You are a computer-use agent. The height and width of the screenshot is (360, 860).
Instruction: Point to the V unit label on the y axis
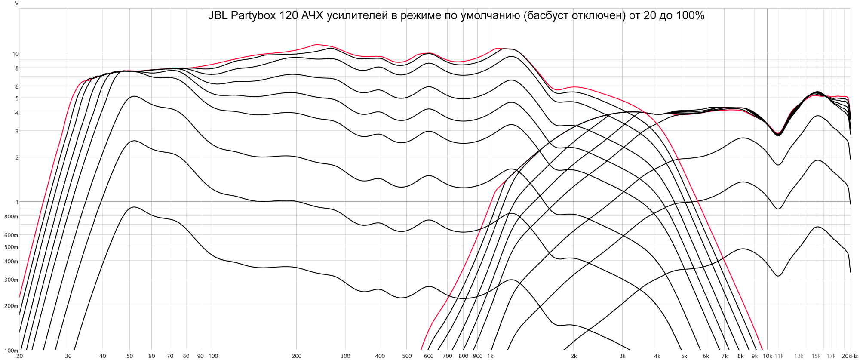click(17, 3)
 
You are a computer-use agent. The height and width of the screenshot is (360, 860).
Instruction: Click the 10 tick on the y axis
click(15, 54)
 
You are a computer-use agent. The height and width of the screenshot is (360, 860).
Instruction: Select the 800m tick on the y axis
click(12, 217)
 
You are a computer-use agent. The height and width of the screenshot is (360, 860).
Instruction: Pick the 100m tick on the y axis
click(12, 351)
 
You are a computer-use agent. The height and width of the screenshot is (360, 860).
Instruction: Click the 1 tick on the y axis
click(17, 202)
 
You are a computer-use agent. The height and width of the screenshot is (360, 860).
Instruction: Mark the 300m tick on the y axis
click(12, 280)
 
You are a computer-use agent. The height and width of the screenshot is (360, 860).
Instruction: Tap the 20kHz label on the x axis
click(850, 356)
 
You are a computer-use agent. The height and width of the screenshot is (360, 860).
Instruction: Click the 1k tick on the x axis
click(490, 356)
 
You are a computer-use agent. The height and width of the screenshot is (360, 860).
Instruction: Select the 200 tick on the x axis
click(296, 356)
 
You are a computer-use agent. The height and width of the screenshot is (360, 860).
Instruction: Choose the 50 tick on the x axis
click(130, 356)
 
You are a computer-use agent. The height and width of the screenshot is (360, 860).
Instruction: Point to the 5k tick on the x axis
click(684, 356)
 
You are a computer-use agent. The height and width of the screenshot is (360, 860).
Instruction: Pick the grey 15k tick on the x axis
click(816, 356)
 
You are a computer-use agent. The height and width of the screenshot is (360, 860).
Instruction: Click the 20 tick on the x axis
click(19, 356)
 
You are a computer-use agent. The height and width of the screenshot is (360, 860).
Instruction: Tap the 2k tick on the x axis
click(573, 356)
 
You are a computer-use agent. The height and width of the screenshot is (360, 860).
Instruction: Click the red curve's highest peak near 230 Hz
click(316, 44)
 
